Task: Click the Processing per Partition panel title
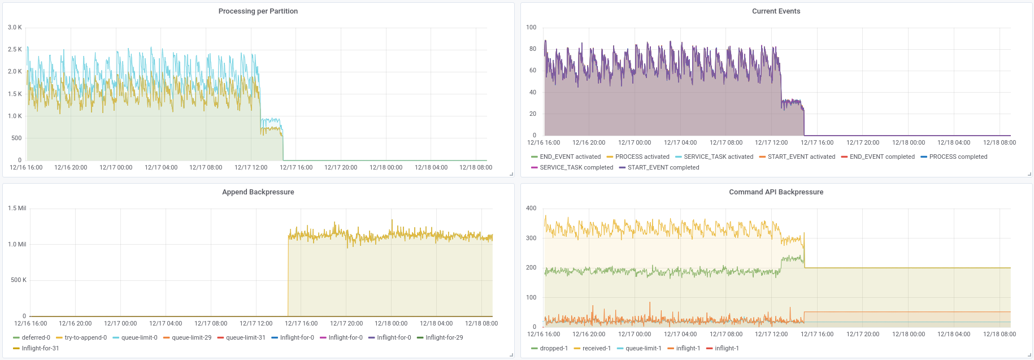[x=258, y=11]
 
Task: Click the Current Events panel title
[x=776, y=11]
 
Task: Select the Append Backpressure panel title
[x=258, y=192]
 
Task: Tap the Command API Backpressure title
[x=776, y=192]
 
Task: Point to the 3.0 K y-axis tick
[x=15, y=27]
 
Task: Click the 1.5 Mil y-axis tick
[x=17, y=208]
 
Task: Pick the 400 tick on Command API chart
[x=531, y=208]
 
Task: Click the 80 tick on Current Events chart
[x=532, y=49]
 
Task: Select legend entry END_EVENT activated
[x=570, y=157]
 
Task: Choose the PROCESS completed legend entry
[x=958, y=157]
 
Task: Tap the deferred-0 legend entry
[x=36, y=338]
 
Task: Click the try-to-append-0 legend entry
[x=85, y=338]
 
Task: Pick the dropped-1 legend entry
[x=553, y=349]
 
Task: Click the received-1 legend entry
[x=596, y=349]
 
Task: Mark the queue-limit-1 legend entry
[x=643, y=349]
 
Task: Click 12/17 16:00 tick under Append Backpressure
[x=301, y=324]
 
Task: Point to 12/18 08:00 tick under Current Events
[x=999, y=143]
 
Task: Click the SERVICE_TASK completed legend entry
[x=576, y=168]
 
